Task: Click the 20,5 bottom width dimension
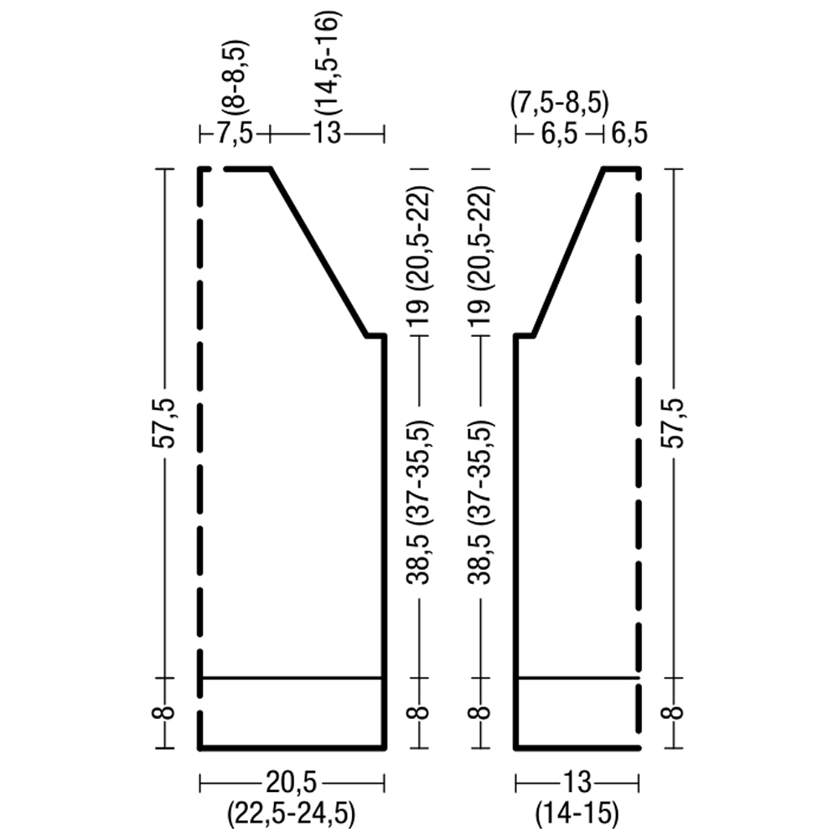[292, 784]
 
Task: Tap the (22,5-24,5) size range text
[292, 815]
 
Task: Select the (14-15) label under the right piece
[577, 815]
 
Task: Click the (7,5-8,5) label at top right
[559, 105]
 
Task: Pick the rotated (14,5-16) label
[328, 63]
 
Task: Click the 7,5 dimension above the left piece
[235, 133]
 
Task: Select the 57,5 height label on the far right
[675, 422]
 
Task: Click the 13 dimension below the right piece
[577, 784]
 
